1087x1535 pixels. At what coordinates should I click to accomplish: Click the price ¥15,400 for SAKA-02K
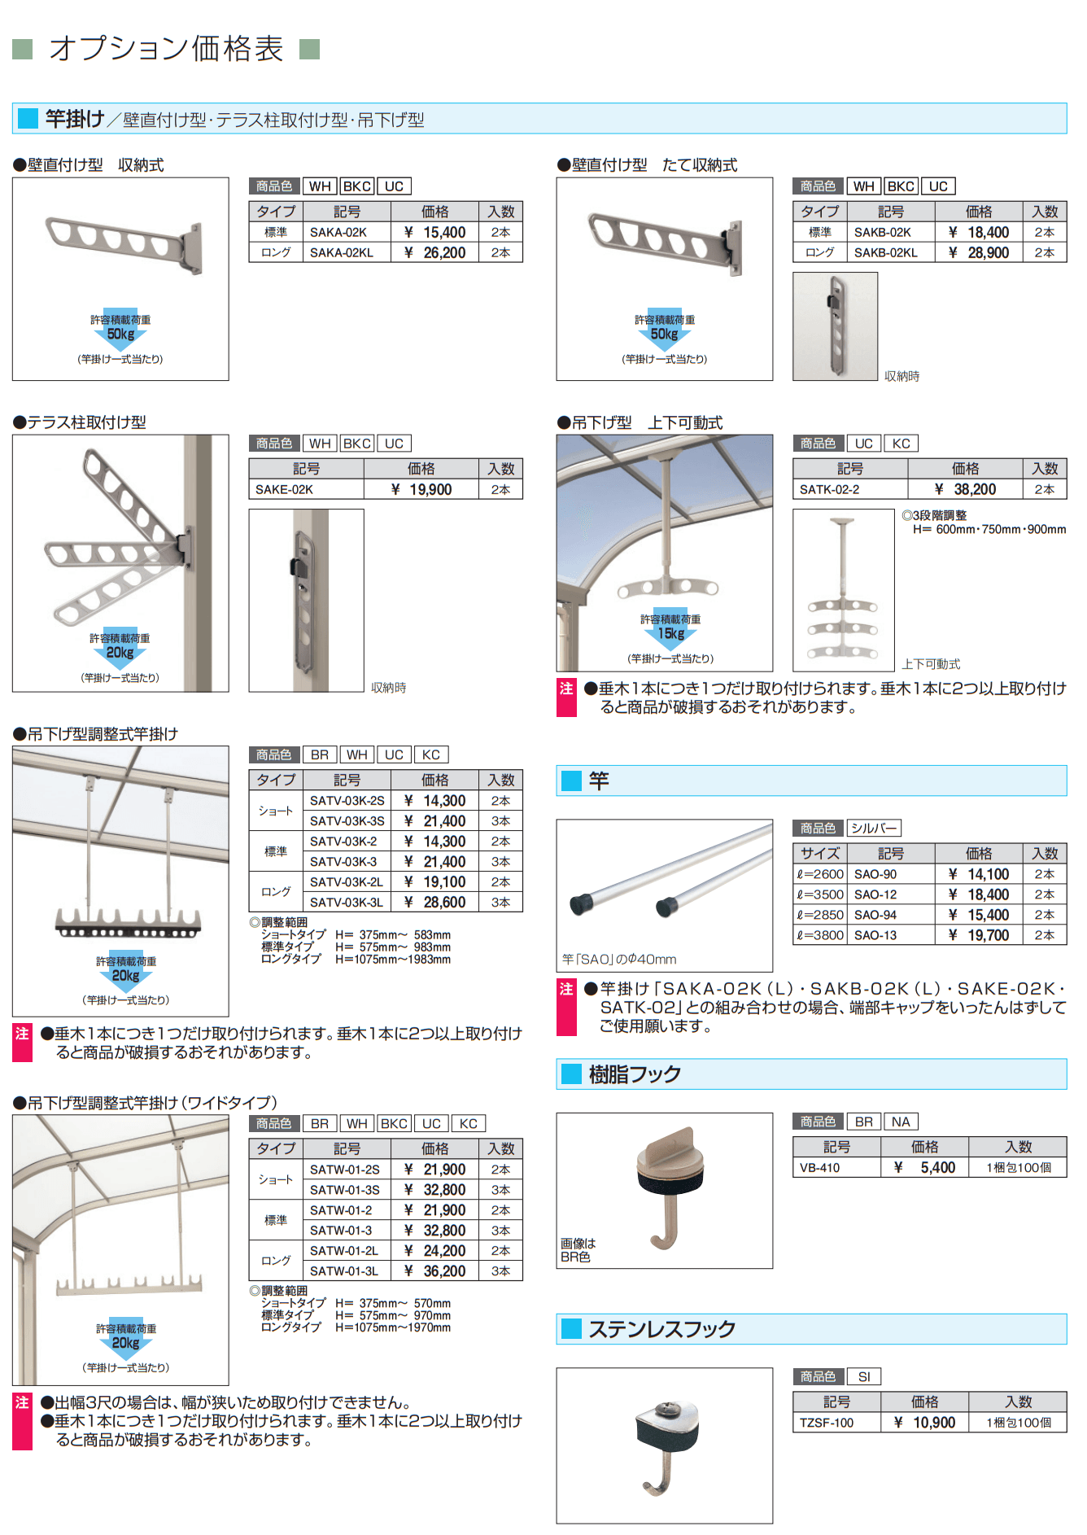(x=435, y=233)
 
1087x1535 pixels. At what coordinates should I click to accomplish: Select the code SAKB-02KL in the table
(x=885, y=253)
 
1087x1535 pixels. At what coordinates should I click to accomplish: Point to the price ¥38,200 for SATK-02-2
(x=966, y=490)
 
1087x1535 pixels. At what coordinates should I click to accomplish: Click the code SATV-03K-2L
(x=346, y=882)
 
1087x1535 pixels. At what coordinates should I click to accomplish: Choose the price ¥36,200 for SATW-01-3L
(x=435, y=1271)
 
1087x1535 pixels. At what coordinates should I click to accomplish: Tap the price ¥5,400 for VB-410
(x=925, y=1168)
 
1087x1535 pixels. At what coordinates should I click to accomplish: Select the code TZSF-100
(x=826, y=1423)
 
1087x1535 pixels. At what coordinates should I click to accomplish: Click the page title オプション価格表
(x=166, y=49)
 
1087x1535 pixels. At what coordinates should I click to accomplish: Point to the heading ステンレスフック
(x=661, y=1329)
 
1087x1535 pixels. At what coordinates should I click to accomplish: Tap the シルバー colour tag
(x=874, y=829)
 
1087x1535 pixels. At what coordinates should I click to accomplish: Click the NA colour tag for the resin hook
(x=901, y=1122)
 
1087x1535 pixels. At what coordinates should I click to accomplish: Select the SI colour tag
(x=864, y=1376)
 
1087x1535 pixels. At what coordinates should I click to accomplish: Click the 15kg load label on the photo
(x=670, y=633)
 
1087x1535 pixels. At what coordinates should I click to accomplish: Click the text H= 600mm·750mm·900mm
(x=989, y=530)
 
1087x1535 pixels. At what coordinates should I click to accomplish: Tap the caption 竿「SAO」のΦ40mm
(x=619, y=960)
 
